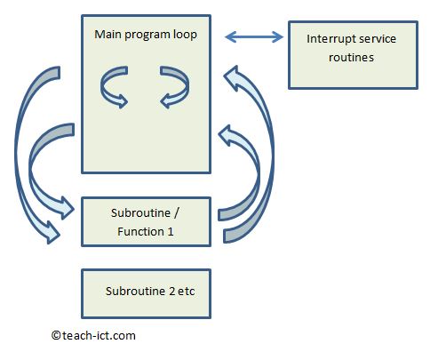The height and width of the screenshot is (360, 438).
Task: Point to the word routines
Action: tap(353, 56)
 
